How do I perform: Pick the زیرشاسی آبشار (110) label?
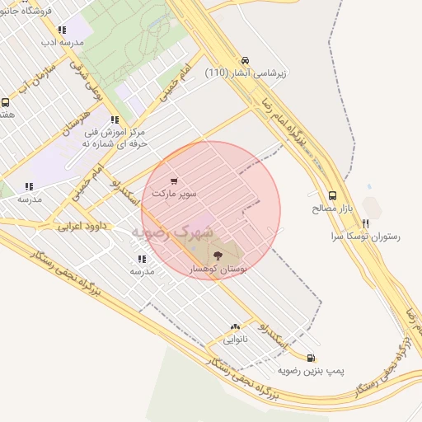point(245,72)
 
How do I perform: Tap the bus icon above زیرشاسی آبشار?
point(245,60)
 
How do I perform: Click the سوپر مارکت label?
point(174,192)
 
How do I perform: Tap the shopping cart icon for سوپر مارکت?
point(174,181)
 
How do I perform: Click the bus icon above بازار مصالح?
point(332,196)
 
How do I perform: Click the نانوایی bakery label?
point(236,339)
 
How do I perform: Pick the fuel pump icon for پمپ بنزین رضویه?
point(310,358)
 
